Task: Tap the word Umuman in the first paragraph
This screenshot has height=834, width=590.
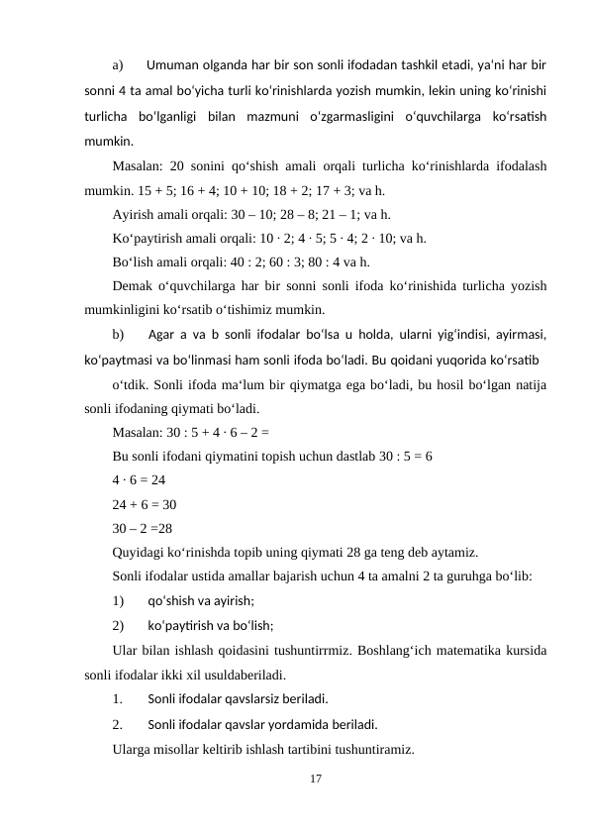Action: click(x=171, y=66)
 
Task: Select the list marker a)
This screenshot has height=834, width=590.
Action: click(x=119, y=66)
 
